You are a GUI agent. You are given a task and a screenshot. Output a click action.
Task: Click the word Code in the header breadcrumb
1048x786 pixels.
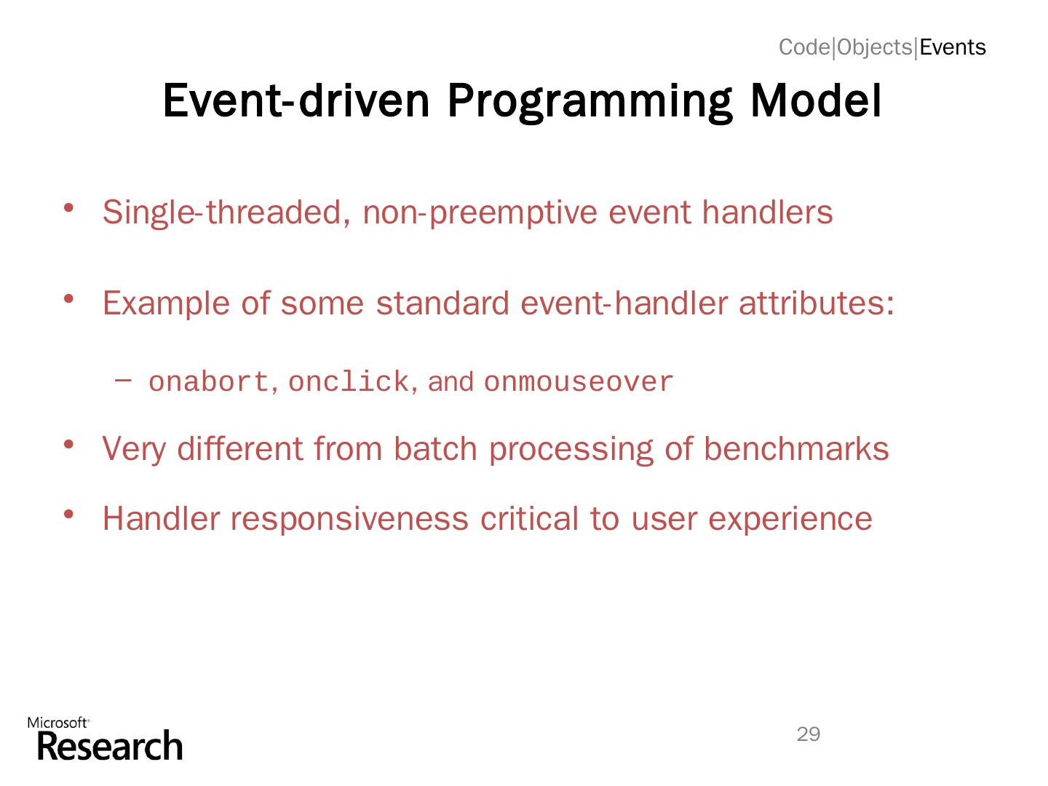[x=804, y=47]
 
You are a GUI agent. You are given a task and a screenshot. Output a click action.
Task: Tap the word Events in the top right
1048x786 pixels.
[x=952, y=47]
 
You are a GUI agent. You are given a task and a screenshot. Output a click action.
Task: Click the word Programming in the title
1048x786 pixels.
[x=589, y=102]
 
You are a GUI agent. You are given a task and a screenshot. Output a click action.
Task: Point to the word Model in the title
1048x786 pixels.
[x=816, y=100]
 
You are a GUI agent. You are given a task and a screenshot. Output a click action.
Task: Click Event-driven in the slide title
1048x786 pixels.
[x=296, y=100]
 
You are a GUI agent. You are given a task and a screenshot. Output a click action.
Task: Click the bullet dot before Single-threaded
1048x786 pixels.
[x=68, y=207]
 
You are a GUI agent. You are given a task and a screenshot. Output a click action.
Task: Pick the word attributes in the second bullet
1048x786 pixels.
[x=817, y=303]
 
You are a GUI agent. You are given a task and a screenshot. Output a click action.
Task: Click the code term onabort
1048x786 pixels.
[x=209, y=382]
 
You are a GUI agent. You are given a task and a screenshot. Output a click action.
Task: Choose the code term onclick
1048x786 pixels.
[x=349, y=382]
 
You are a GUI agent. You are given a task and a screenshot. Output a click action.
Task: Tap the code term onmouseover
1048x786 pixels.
[x=578, y=382]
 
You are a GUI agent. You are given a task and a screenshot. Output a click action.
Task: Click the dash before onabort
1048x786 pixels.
[x=123, y=381]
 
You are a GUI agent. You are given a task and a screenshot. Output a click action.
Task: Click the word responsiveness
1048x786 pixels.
[x=349, y=519]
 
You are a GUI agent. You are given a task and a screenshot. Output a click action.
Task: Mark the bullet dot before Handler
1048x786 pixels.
[x=68, y=515]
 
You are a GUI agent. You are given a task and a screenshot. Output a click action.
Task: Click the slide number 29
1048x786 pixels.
[x=809, y=734]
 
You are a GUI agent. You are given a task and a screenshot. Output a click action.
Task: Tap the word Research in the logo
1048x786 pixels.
[x=110, y=747]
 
